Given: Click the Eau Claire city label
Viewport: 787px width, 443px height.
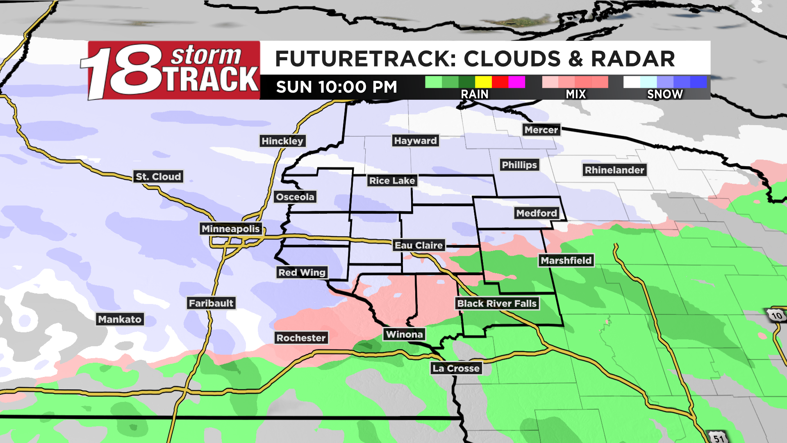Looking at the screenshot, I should click(x=419, y=245).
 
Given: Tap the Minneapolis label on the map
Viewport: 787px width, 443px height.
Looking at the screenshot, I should click(x=230, y=229).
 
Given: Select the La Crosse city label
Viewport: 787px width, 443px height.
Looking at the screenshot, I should click(x=456, y=368).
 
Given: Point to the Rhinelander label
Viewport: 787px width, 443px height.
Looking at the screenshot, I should click(x=614, y=170).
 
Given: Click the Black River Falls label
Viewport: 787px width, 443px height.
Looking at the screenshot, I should click(x=496, y=304).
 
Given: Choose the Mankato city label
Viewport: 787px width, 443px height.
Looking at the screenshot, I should click(x=120, y=320).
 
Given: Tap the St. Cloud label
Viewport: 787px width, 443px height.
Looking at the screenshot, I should click(x=158, y=177).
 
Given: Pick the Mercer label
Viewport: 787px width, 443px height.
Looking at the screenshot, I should click(x=541, y=130).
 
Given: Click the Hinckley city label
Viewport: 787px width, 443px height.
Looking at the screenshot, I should click(x=282, y=141).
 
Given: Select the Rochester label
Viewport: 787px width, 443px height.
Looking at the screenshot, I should click(x=301, y=338).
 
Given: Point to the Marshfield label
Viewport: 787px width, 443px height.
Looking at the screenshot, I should click(x=566, y=260).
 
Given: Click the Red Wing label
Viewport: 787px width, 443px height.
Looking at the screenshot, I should click(x=302, y=272).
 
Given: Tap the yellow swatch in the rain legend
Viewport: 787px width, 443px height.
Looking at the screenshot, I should click(x=483, y=82).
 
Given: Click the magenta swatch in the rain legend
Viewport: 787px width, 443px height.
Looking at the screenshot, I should click(x=516, y=82).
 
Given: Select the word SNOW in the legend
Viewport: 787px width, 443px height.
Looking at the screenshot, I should click(x=665, y=94).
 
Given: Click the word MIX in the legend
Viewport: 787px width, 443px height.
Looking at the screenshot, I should click(x=576, y=94).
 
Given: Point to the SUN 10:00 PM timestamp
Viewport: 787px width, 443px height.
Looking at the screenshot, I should click(x=337, y=87).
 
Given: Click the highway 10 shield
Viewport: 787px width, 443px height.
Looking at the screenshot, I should click(x=776, y=315).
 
